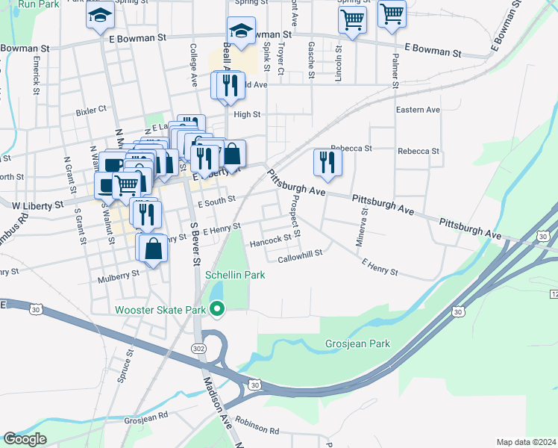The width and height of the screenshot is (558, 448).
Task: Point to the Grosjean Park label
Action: (x=358, y=344)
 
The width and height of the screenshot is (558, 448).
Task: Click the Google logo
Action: (x=25, y=439)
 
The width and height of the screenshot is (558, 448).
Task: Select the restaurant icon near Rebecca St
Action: (x=327, y=162)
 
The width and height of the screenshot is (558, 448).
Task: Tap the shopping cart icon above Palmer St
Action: (x=392, y=14)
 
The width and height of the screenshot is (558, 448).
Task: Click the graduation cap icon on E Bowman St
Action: (x=241, y=31)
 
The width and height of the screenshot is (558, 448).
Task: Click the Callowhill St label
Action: (x=300, y=253)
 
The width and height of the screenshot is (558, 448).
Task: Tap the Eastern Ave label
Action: (x=418, y=110)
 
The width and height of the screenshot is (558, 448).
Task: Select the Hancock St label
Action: (x=270, y=240)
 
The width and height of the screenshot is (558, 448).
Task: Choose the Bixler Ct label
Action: (x=91, y=109)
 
